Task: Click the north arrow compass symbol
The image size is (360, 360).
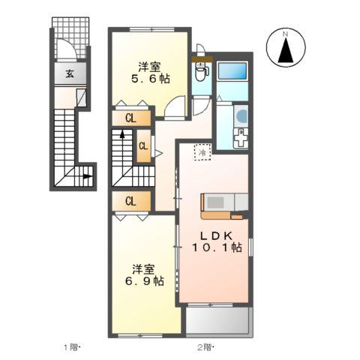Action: point(286,47)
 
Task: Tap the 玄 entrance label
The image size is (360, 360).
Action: point(70,73)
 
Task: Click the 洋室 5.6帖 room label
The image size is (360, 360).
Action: point(150,73)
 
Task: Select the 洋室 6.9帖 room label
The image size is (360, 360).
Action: point(144,275)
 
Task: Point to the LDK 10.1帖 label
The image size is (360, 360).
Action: point(217,241)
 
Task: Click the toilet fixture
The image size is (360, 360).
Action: point(202,70)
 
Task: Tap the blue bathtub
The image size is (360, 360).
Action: point(232,71)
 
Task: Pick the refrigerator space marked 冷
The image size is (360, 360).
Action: point(202,152)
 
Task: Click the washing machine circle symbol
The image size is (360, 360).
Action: point(241,115)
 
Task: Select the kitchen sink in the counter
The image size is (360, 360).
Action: point(215,202)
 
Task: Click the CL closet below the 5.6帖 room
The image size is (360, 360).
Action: point(131,118)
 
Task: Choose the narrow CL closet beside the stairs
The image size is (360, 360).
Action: point(144,146)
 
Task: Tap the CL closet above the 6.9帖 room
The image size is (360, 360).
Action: point(131,201)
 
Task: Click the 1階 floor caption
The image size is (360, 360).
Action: point(70,347)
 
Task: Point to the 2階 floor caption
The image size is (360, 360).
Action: point(205,347)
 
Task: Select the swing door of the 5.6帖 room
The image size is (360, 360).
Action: point(175,106)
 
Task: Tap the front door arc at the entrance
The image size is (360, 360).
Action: point(67,49)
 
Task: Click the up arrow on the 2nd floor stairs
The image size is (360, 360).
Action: point(122,134)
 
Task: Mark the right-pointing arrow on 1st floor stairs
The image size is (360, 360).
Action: point(87,176)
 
